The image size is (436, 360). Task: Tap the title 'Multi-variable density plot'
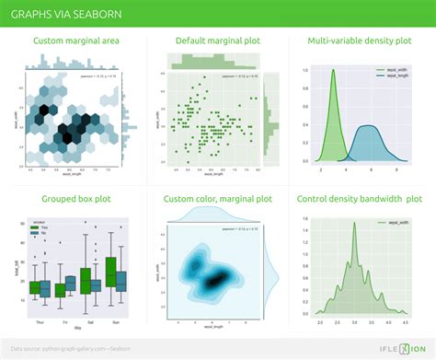[359, 41]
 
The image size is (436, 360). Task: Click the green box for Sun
[111, 271]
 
